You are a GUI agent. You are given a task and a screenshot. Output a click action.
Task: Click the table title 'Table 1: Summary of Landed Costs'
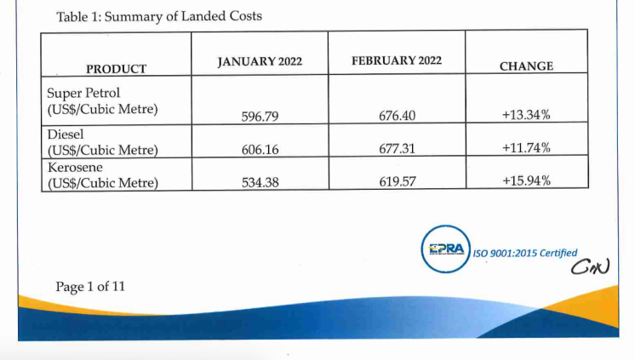point(158,16)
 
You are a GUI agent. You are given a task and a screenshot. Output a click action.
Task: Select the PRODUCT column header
point(116,68)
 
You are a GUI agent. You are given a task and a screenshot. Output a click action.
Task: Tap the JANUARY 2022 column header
point(260,62)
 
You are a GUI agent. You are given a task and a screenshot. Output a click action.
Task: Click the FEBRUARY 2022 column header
point(396,61)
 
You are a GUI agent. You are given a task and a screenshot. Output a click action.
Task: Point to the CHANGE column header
point(526,66)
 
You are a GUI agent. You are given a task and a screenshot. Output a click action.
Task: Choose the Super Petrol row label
point(102,100)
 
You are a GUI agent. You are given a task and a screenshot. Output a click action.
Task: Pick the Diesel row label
point(102,142)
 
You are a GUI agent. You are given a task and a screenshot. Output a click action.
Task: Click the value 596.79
point(260,115)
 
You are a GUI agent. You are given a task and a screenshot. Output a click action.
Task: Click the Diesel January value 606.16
point(260,149)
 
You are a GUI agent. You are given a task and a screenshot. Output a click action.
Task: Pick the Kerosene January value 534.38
point(260,181)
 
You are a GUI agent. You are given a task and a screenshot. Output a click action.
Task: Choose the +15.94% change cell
point(526,180)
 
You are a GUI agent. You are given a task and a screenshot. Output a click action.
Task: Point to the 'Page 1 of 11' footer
point(90,287)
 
